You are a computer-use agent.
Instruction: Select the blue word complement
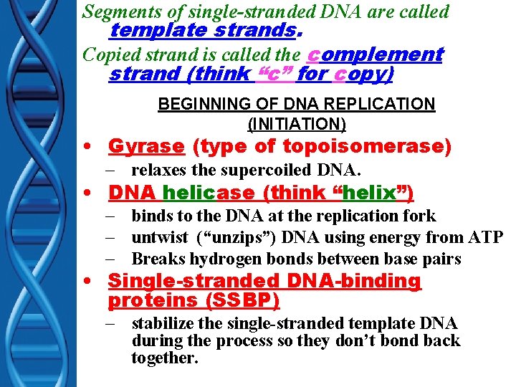tap(375, 54)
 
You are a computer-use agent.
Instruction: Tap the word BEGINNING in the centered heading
tap(197, 104)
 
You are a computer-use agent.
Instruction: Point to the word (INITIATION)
tap(296, 124)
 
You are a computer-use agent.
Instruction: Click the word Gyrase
tap(146, 146)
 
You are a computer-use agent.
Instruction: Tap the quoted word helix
tap(373, 193)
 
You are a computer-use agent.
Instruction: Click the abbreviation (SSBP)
tap(244, 300)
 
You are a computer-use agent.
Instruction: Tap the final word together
tap(164, 358)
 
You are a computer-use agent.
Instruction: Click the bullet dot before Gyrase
tap(87, 147)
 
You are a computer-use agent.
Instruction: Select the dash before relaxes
tap(115, 171)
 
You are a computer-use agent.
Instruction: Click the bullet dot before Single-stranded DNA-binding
tap(87, 282)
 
